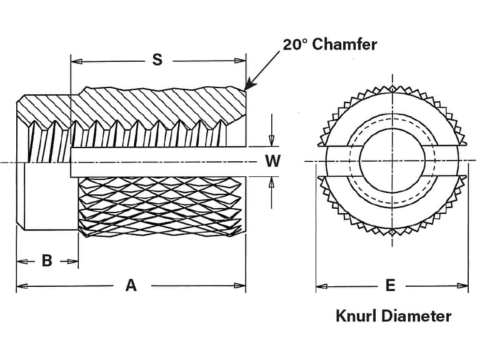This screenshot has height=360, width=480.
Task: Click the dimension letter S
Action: [157, 60]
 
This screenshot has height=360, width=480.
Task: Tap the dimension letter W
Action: [272, 161]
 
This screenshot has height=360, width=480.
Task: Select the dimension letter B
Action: [47, 261]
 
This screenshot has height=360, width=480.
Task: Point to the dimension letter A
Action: [131, 286]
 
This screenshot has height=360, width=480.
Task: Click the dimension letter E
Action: [391, 286]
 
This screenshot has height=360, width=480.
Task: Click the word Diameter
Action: [419, 316]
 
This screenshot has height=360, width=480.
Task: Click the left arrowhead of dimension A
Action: [21, 286]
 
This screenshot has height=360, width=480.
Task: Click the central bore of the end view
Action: [391, 161]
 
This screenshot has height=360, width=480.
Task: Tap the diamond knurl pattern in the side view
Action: [159, 206]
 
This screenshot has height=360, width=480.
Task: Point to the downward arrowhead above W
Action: [272, 142]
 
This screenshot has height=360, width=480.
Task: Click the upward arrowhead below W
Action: [272, 182]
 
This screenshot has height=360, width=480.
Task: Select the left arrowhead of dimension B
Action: [21, 261]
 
